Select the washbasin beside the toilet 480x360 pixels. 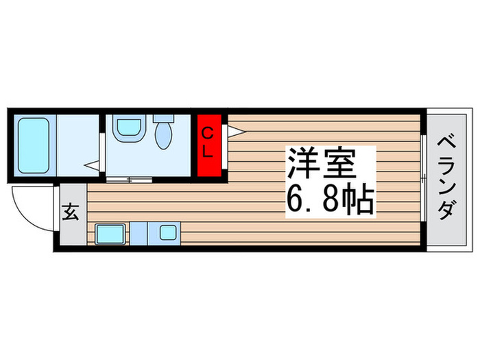[128, 128]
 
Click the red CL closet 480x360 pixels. [210, 144]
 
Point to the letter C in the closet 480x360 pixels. [210, 133]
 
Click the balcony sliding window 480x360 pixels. [423, 178]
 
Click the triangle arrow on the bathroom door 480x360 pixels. [92, 165]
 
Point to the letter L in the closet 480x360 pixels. [210, 154]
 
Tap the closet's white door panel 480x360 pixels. [226, 144]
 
